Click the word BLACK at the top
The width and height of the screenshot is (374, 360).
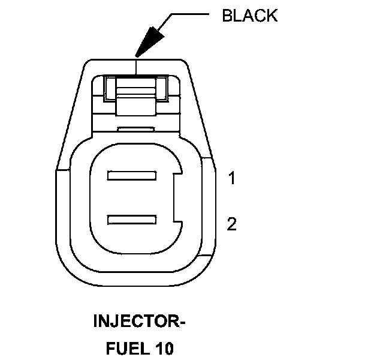click(x=249, y=16)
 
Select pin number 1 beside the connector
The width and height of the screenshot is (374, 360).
click(x=231, y=178)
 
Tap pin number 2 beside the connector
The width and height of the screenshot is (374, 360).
click(x=231, y=224)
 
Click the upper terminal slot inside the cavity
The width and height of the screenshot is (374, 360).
click(x=131, y=176)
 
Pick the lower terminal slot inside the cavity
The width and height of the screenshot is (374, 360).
click(x=131, y=221)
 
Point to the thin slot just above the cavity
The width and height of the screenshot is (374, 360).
click(x=137, y=128)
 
